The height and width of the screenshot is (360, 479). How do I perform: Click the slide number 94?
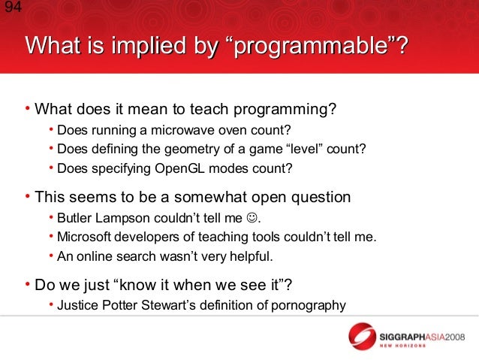tap(14, 7)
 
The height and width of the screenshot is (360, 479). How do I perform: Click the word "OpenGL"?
tap(179, 169)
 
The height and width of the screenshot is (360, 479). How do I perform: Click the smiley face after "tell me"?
tap(252, 218)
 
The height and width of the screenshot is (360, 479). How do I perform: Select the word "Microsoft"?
tap(83, 237)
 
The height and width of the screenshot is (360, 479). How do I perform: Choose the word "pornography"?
tap(309, 306)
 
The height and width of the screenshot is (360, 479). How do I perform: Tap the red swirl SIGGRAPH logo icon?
tap(362, 337)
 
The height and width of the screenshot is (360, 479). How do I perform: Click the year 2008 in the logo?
tap(454, 337)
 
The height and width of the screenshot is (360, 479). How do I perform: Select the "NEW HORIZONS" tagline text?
tap(402, 346)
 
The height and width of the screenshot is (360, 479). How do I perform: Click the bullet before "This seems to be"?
tap(28, 196)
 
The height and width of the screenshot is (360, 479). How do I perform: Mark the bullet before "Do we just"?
tap(28, 284)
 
